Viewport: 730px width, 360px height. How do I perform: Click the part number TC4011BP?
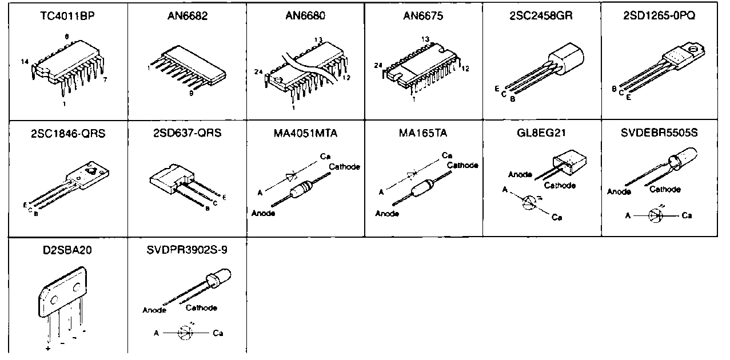tap(67, 16)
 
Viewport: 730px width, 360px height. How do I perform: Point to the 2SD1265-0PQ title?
tap(659, 16)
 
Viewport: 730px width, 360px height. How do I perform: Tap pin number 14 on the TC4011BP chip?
tap(24, 62)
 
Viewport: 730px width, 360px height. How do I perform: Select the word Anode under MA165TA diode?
tap(387, 214)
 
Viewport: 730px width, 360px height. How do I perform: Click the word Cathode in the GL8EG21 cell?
tap(560, 185)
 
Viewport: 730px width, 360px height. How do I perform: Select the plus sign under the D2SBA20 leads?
tap(48, 347)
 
